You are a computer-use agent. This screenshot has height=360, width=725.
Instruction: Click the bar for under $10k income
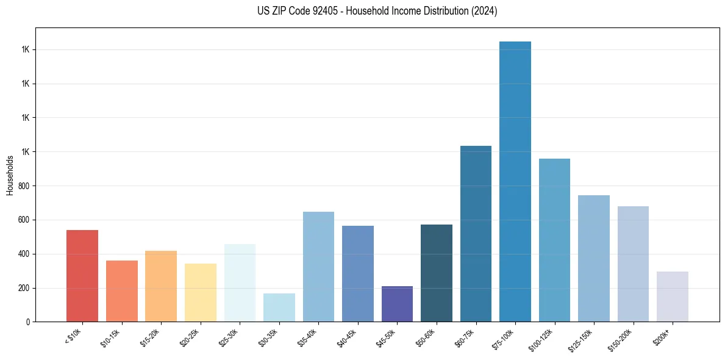click(x=82, y=276)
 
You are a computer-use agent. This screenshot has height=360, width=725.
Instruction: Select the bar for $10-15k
click(x=121, y=291)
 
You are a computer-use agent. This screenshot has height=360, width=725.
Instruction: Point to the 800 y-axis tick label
click(x=24, y=185)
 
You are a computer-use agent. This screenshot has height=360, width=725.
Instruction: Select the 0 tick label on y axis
click(x=28, y=322)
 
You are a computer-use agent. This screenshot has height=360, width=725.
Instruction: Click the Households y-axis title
click(x=10, y=175)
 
